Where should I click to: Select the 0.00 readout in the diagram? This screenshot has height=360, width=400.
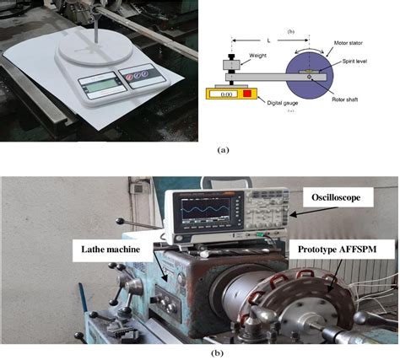click(x=225, y=94)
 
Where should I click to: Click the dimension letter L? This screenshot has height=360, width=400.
click(x=268, y=40)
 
